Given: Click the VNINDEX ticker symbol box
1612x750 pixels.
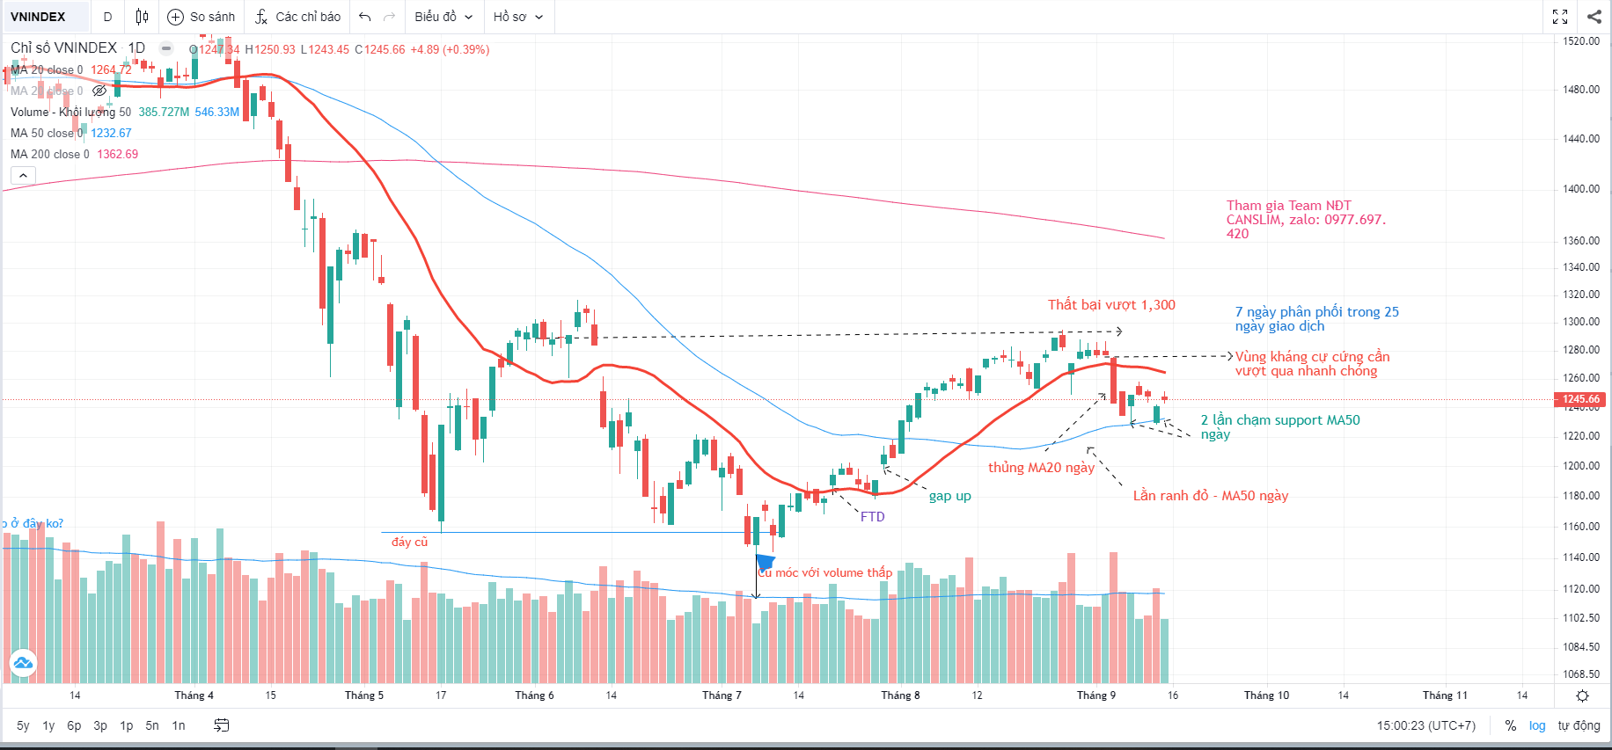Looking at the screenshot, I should pyautogui.click(x=39, y=17).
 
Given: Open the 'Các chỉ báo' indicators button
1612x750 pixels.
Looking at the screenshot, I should pyautogui.click(x=297, y=17).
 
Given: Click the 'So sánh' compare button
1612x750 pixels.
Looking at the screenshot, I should pyautogui.click(x=201, y=17).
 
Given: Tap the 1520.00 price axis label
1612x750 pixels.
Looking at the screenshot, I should pyautogui.click(x=1580, y=41).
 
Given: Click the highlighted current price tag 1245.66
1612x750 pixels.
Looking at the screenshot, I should pyautogui.click(x=1580, y=399).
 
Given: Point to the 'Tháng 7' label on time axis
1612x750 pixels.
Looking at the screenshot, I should pyautogui.click(x=722, y=695).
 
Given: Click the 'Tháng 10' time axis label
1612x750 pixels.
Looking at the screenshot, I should pyautogui.click(x=1266, y=695).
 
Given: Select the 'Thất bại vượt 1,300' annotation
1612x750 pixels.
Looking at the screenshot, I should pyautogui.click(x=1111, y=305).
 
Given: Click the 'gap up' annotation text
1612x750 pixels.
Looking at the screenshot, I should pyautogui.click(x=949, y=496).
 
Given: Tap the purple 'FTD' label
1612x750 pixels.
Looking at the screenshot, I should pyautogui.click(x=872, y=517).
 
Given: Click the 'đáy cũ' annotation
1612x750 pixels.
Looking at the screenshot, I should pyautogui.click(x=409, y=542).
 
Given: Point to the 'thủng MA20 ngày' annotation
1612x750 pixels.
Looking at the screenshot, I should pyautogui.click(x=1041, y=468).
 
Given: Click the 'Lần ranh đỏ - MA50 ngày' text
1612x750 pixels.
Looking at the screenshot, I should pyautogui.click(x=1210, y=496).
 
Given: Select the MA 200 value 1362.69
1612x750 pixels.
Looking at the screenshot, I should pyautogui.click(x=117, y=154).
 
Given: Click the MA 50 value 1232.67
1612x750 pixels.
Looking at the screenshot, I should pyautogui.click(x=111, y=133).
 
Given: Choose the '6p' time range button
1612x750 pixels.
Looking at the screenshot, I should pyautogui.click(x=74, y=725).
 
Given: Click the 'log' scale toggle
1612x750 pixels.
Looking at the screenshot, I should pyautogui.click(x=1536, y=725).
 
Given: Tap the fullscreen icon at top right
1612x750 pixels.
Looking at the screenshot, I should pyautogui.click(x=1560, y=17).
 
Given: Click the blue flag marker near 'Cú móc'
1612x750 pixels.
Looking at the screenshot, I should pyautogui.click(x=765, y=561).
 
